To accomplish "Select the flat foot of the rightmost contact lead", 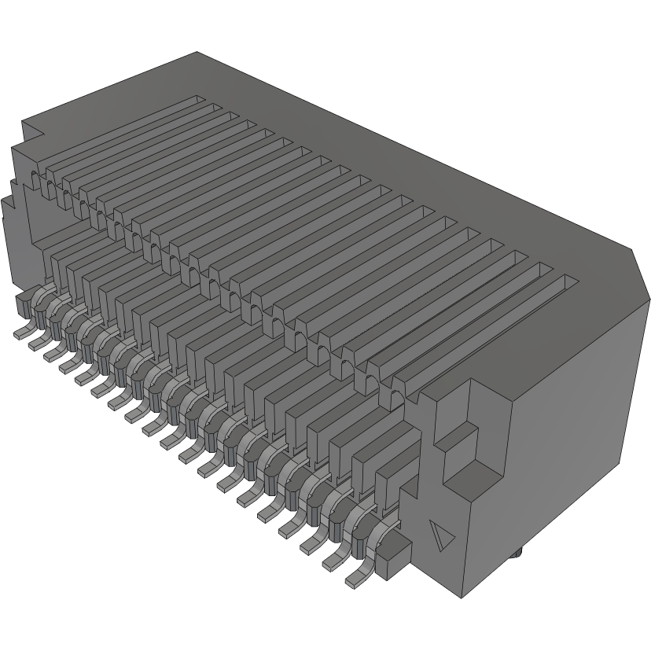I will [x=355, y=582].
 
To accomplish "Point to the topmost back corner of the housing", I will [x=196, y=53].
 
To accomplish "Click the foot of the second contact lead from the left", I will [x=35, y=343].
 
